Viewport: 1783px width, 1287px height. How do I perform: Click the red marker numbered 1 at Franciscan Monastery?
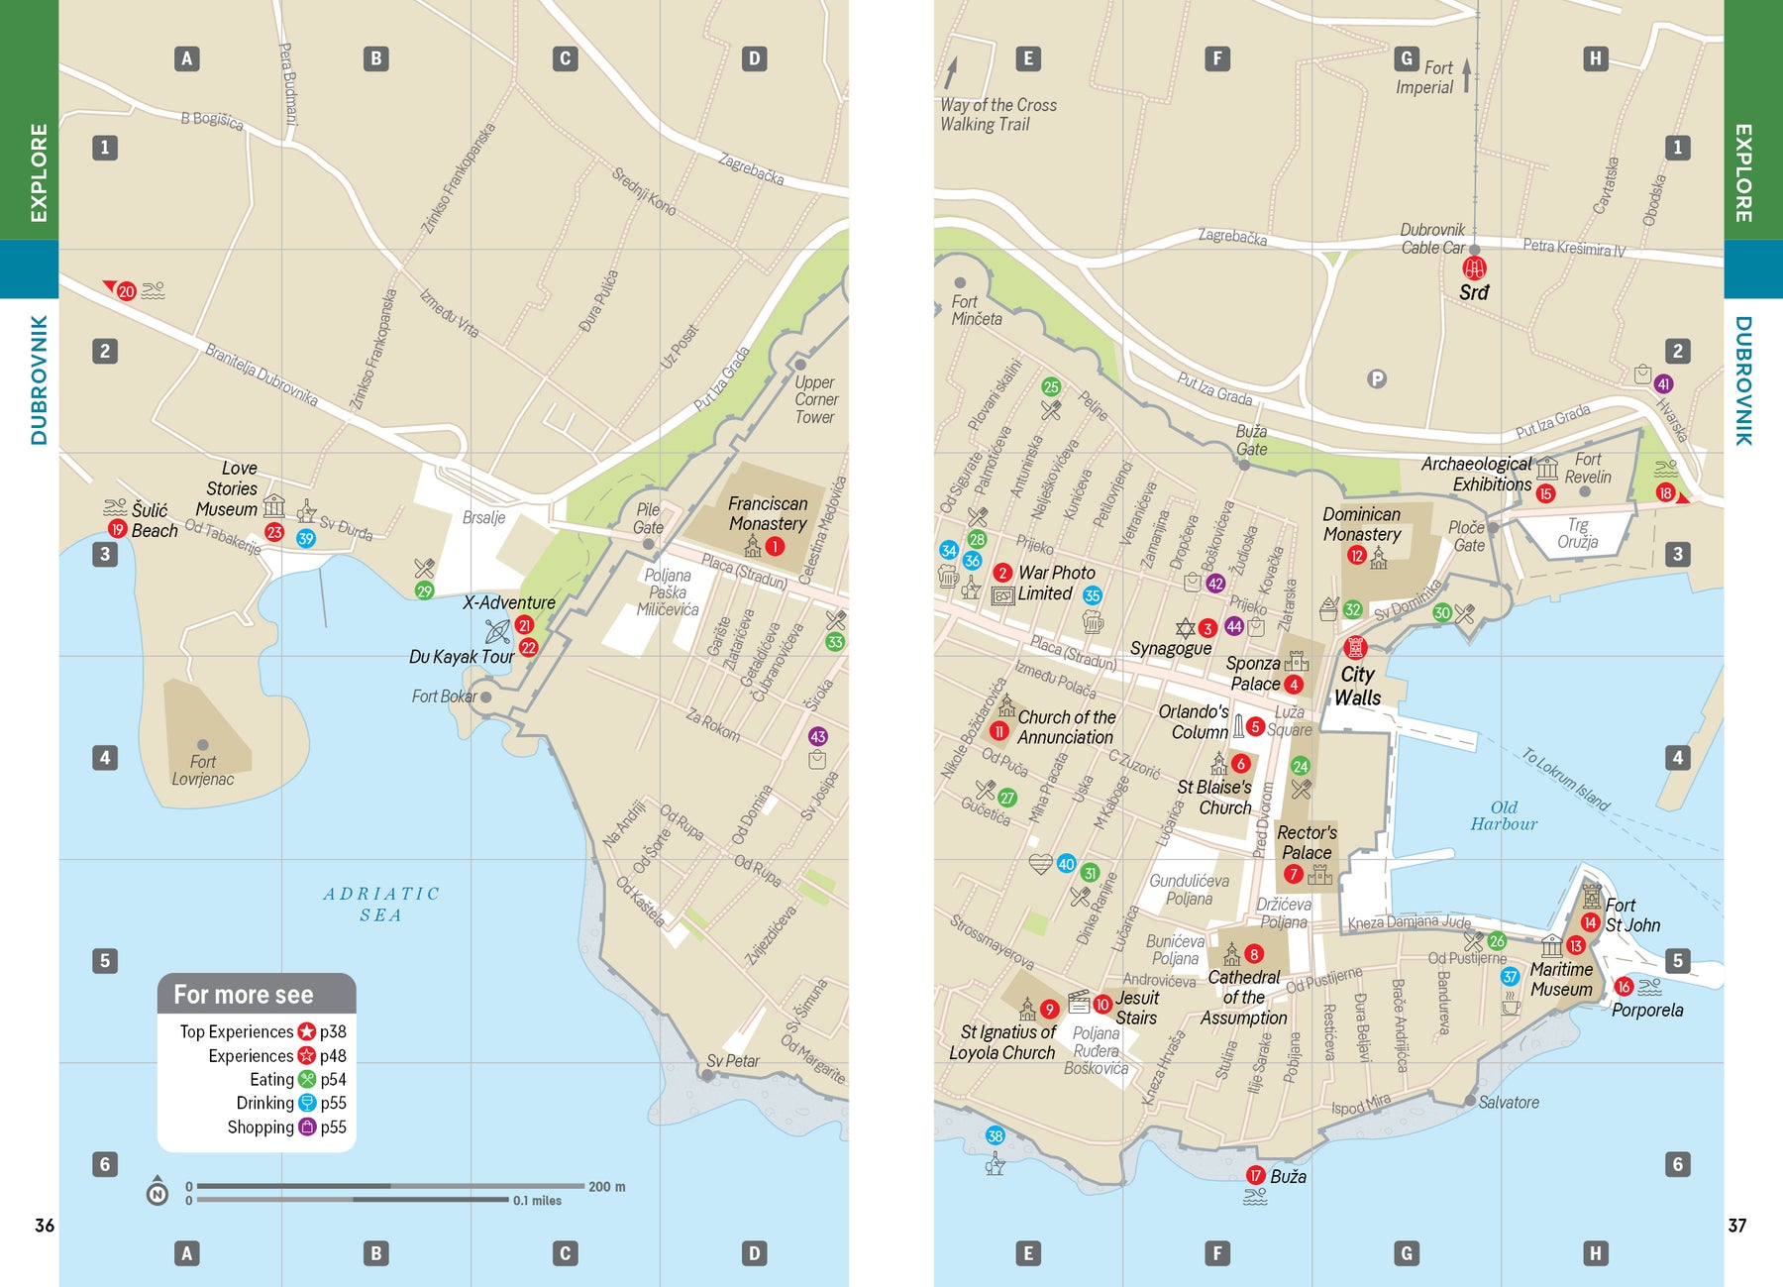(775, 546)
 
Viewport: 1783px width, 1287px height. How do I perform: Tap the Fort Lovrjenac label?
(202, 771)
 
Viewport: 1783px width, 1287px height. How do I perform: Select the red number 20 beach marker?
(126, 291)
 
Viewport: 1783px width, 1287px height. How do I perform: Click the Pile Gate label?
(648, 518)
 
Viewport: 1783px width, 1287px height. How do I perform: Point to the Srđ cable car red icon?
(1474, 268)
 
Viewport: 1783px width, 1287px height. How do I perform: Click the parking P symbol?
(1376, 378)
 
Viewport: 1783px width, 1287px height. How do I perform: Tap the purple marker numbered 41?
(1663, 384)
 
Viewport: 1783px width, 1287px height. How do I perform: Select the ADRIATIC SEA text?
(381, 904)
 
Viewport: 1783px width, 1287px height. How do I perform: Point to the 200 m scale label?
(606, 1186)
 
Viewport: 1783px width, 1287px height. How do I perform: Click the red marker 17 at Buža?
(1255, 1175)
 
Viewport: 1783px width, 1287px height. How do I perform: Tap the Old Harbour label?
(1503, 815)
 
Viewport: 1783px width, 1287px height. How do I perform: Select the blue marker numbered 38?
(995, 1136)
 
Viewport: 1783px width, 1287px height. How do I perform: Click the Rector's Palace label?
(1307, 842)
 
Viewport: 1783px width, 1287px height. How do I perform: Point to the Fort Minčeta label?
(976, 310)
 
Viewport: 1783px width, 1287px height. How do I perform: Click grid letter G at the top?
(1406, 58)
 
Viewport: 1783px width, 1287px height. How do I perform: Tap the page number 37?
(1736, 1226)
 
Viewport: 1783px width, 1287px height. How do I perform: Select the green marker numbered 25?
(1051, 386)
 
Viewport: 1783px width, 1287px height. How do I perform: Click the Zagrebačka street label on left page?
(751, 169)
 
